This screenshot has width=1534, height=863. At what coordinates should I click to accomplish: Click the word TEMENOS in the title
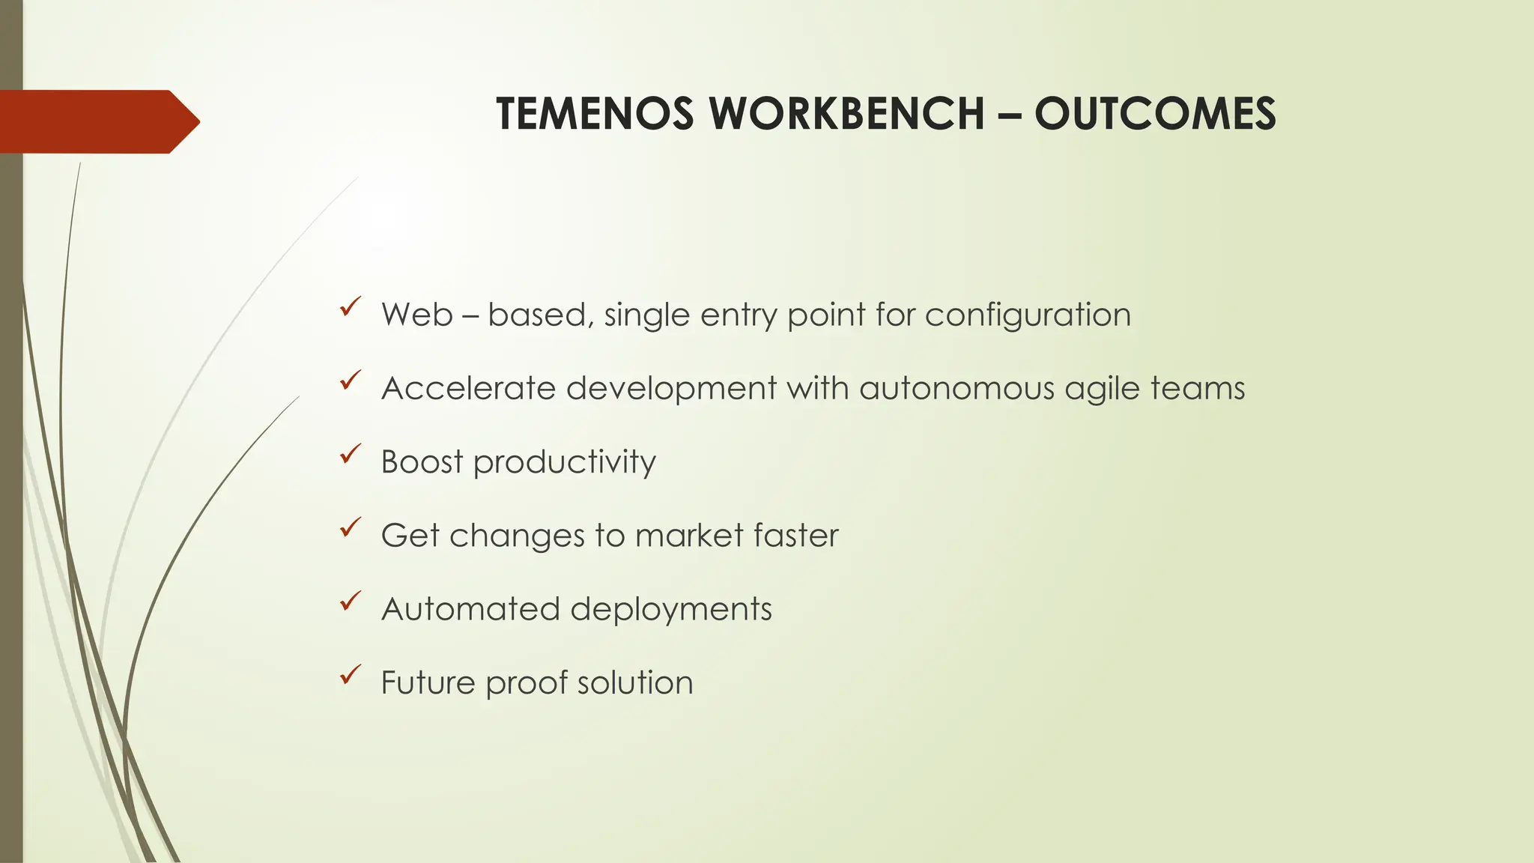[595, 114]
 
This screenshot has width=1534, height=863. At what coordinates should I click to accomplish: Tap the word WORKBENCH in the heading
[846, 114]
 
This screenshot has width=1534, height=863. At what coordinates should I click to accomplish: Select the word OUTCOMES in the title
[1155, 114]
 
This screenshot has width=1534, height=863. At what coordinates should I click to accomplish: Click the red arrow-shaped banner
[97, 121]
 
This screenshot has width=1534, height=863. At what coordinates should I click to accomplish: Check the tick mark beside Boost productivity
[350, 453]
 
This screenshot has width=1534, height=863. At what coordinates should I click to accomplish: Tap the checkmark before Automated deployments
[350, 601]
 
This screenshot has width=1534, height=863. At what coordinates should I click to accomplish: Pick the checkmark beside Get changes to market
[350, 527]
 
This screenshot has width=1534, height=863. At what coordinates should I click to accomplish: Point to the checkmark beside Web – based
[350, 306]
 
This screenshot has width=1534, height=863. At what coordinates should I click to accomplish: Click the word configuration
[1028, 315]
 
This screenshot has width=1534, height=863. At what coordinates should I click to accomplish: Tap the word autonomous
[957, 388]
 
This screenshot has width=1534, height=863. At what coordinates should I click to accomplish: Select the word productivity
[565, 462]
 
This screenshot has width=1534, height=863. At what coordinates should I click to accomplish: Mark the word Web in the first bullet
[417, 315]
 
